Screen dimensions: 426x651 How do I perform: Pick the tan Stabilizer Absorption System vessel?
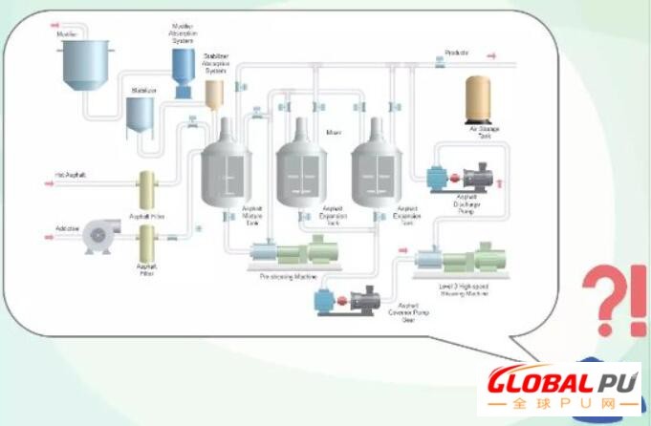[x=214, y=93]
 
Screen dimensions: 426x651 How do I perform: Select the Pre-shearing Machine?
[x=288, y=254]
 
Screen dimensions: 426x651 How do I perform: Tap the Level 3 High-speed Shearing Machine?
[x=460, y=260]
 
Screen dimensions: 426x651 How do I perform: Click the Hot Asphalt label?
[x=72, y=175]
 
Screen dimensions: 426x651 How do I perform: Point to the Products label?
[x=457, y=53]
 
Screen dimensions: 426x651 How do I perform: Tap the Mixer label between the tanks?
[x=334, y=132]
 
